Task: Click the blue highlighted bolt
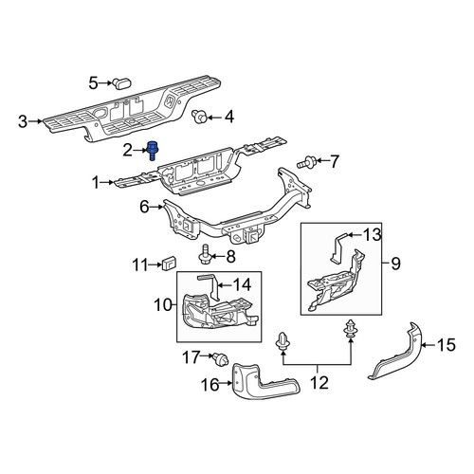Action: point(153,150)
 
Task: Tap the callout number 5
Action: point(94,83)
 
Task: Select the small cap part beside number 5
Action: point(121,83)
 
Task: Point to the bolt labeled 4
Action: point(199,118)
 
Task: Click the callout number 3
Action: point(23,121)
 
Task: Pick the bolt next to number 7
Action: point(305,161)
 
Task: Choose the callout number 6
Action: point(144,208)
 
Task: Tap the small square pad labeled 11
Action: point(169,264)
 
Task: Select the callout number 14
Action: point(242,284)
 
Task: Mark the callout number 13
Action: point(372,235)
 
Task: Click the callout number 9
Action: point(395,264)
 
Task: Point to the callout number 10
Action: point(163,305)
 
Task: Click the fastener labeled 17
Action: point(220,359)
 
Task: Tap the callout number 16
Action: point(210,385)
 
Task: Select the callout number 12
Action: point(319,383)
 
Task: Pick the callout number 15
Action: point(447,345)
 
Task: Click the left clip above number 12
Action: point(283,341)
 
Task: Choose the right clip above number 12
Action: point(350,331)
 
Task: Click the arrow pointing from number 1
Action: point(107,182)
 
